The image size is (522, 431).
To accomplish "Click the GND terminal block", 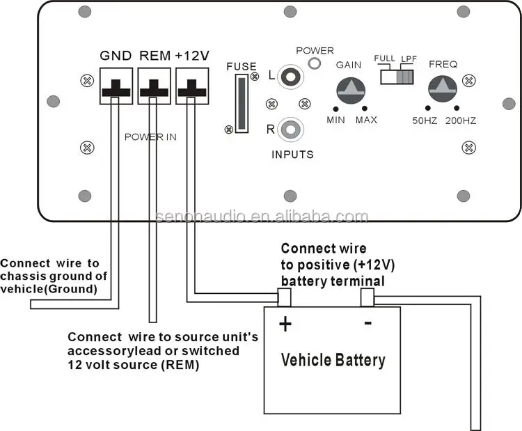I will point(116,85).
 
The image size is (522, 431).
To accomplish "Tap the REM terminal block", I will point(153,85).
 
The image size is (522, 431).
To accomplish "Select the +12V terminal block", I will point(191,85).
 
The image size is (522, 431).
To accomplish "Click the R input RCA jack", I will point(290,129).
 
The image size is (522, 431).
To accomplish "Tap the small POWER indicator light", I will point(315,64).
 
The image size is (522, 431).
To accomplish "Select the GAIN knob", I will point(349,89).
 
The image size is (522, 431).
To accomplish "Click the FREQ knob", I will point(441,88).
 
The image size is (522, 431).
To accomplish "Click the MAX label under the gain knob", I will point(366,120).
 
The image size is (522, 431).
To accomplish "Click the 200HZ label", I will point(459,120).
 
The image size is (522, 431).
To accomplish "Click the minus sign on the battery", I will point(367,322).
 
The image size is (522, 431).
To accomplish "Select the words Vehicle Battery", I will point(333,360).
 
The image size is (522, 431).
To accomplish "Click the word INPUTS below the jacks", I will point(292,155).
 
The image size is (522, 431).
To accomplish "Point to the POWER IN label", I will point(150,137).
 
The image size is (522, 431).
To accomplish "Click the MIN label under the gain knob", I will point(336,120).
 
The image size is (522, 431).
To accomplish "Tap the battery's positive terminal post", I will point(284,298).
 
